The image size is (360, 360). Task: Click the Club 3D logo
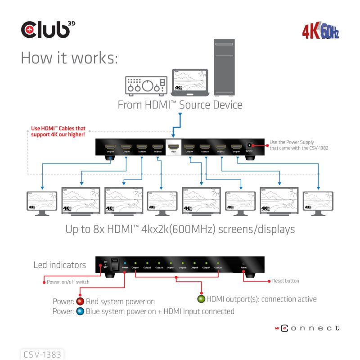(x=46, y=29)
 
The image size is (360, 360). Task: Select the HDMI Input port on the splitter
(x=173, y=147)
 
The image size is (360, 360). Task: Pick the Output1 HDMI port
(x=236, y=147)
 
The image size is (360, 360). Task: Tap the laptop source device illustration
(x=190, y=83)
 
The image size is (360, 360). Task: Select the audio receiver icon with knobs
(x=145, y=85)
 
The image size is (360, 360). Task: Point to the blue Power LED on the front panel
(x=125, y=263)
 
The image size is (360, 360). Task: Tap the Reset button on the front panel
(x=243, y=263)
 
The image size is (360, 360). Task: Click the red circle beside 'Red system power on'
(x=80, y=301)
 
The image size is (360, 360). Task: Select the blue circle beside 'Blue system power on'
(x=80, y=311)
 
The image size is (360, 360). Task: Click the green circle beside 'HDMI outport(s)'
(x=201, y=299)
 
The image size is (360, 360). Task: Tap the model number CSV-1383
(x=43, y=355)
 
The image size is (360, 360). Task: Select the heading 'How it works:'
(x=69, y=58)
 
